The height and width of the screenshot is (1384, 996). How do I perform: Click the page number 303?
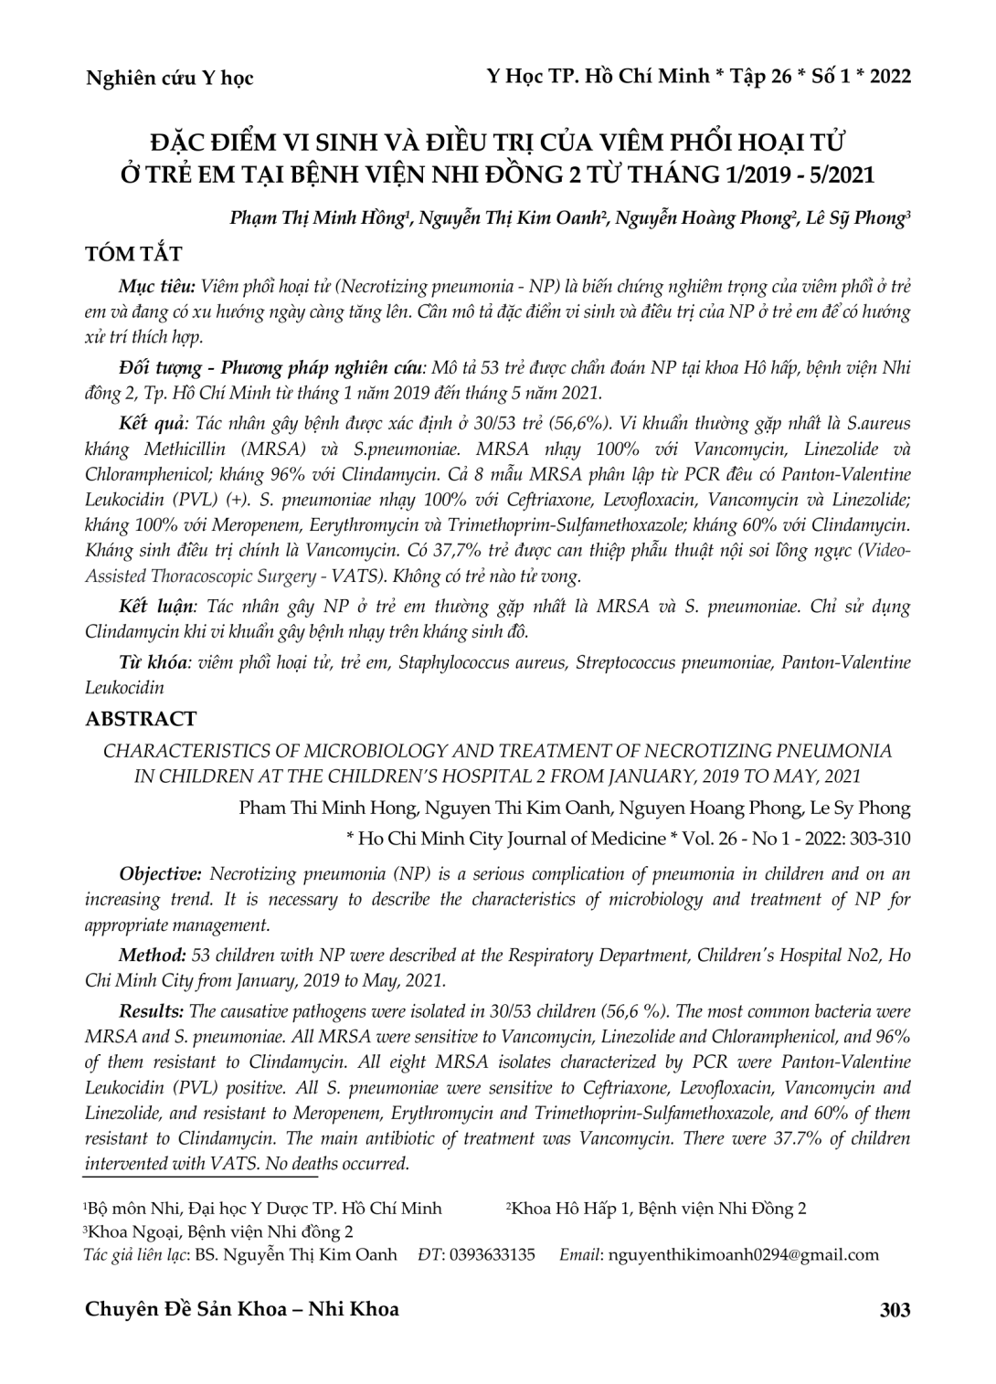pyautogui.click(x=894, y=1310)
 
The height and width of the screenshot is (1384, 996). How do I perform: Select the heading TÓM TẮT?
pyautogui.click(x=133, y=254)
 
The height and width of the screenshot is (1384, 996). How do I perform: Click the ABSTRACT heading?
pyautogui.click(x=140, y=719)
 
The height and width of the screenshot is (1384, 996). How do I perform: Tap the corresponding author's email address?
pyautogui.click(x=743, y=1254)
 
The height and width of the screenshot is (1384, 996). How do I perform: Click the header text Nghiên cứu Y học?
pyautogui.click(x=169, y=79)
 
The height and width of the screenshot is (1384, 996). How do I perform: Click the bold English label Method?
pyautogui.click(x=153, y=956)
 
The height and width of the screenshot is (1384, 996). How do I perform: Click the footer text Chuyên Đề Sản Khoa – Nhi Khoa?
pyautogui.click(x=241, y=1309)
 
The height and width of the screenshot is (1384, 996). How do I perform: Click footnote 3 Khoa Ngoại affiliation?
pyautogui.click(x=219, y=1231)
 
